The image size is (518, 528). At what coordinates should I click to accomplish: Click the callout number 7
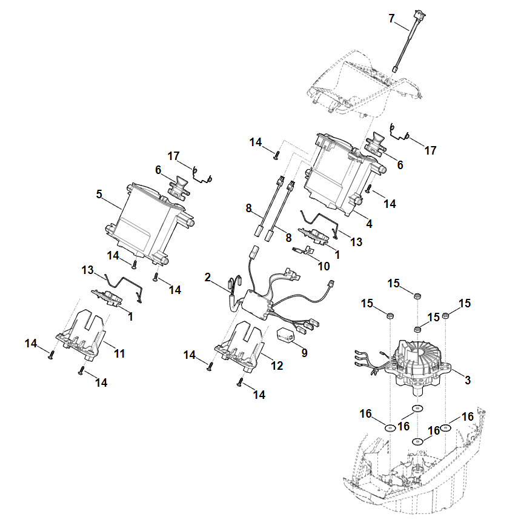click(391, 19)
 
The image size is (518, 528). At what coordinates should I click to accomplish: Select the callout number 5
click(99, 194)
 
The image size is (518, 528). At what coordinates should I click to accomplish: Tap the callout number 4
click(370, 224)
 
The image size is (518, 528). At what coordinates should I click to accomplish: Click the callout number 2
click(208, 277)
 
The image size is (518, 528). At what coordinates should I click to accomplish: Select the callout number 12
click(277, 366)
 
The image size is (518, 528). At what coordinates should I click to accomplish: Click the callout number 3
click(467, 380)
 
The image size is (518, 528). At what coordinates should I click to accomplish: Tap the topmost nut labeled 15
click(417, 295)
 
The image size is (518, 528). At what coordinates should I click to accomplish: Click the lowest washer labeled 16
click(417, 441)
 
